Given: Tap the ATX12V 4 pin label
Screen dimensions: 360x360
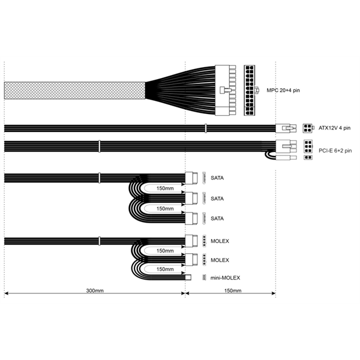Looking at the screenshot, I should click(x=333, y=128).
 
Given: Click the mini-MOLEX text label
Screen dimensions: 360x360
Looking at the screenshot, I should click(x=226, y=278).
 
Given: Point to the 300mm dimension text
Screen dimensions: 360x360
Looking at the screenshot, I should click(x=94, y=290).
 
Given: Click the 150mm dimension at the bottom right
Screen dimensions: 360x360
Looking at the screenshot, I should click(x=232, y=290).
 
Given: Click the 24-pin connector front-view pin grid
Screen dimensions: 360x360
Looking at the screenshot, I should click(x=251, y=90).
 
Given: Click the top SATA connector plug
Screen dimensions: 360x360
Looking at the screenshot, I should click(x=192, y=178).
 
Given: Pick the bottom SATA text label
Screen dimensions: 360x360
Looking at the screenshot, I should click(x=217, y=218).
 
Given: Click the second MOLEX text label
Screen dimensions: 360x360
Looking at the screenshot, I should click(x=220, y=260).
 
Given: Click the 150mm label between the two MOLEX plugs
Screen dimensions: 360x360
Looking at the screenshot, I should click(x=165, y=251).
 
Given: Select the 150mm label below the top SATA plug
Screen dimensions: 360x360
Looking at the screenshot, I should click(x=165, y=188).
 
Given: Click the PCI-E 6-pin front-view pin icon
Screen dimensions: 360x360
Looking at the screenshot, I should click(x=308, y=146).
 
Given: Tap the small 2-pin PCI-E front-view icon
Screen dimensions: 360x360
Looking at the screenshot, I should click(x=308, y=158).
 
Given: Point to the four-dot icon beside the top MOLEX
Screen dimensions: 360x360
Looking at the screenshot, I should click(x=205, y=241).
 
